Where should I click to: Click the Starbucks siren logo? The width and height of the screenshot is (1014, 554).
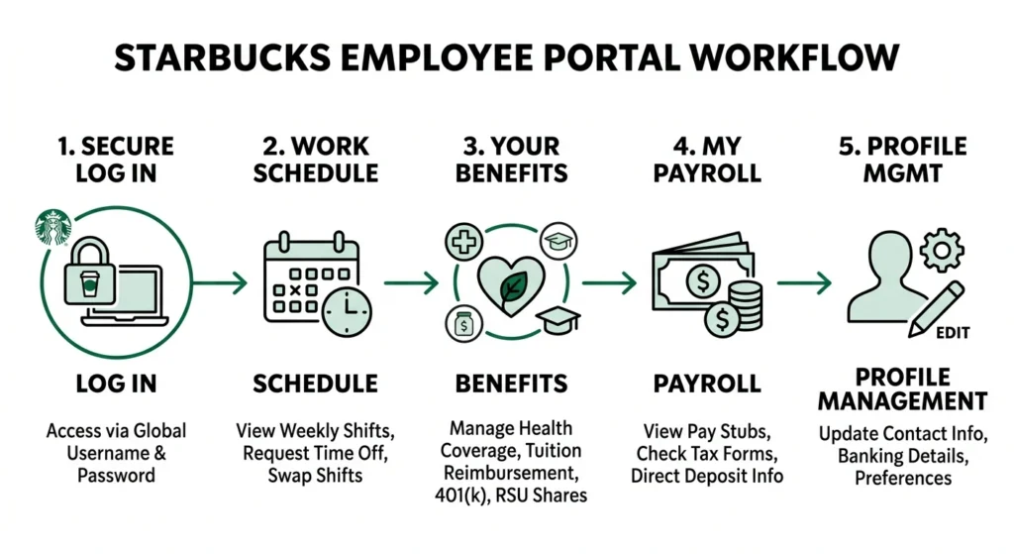pos(47,226)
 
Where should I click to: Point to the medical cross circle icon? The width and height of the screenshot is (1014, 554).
pos(462,241)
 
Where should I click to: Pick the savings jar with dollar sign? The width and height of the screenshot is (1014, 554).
pos(463,324)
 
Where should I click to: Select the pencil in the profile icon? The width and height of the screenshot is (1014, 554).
pos(937,304)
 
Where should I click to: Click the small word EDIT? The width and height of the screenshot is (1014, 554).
pos(952,334)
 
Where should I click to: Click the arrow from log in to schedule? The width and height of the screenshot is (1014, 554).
pos(220,282)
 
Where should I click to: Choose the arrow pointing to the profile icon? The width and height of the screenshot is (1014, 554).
pos(803,282)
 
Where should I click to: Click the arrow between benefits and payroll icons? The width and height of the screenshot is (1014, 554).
pos(610,282)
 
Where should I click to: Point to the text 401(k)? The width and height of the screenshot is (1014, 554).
pos(465,494)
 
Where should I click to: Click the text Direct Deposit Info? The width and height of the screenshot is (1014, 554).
pos(706,475)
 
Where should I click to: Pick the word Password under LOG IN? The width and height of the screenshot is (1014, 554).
pos(117,475)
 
